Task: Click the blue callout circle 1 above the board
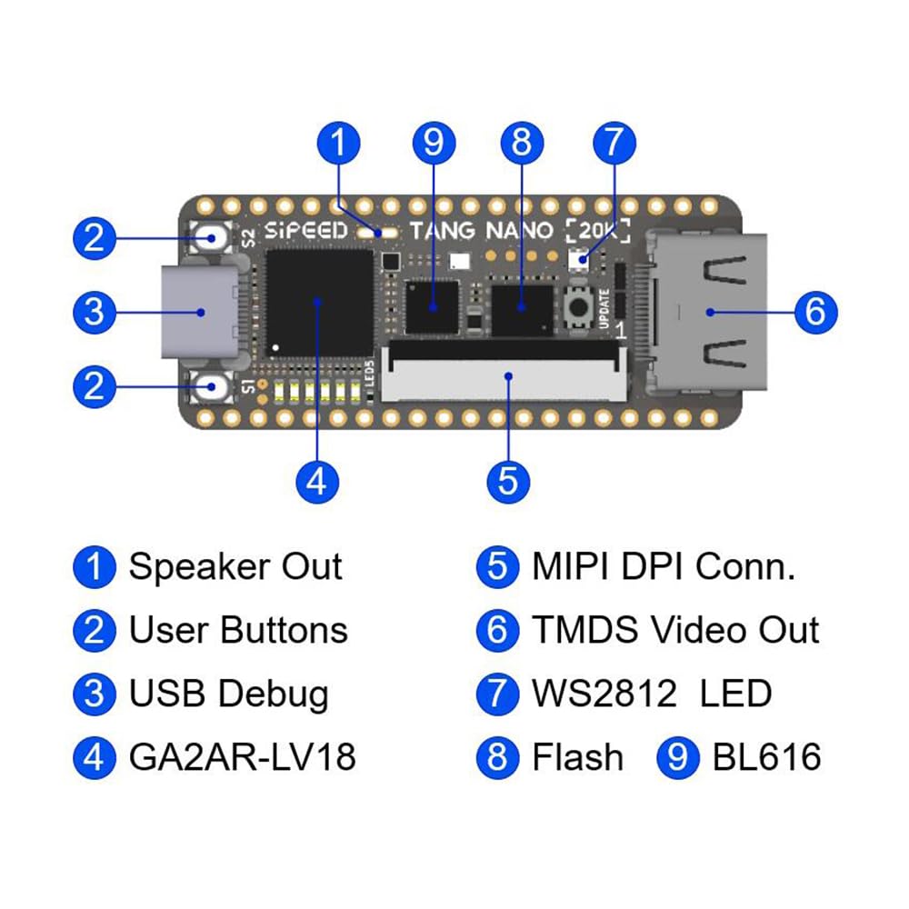click(339, 144)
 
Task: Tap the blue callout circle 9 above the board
click(434, 144)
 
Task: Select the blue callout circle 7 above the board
click(614, 144)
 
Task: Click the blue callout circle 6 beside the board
click(815, 312)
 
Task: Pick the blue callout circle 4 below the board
click(317, 482)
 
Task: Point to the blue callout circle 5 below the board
click(508, 482)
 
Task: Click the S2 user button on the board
click(211, 237)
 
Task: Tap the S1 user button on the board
click(211, 386)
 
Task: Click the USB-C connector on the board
click(200, 312)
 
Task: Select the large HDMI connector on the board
click(708, 312)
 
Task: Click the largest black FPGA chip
click(319, 303)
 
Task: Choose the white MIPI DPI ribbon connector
click(504, 371)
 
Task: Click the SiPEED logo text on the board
click(305, 231)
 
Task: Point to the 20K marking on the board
click(598, 231)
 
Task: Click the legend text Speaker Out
click(235, 566)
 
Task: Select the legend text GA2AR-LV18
click(243, 757)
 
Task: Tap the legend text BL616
click(766, 757)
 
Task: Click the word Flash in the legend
click(577, 757)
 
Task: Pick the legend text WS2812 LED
click(652, 694)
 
